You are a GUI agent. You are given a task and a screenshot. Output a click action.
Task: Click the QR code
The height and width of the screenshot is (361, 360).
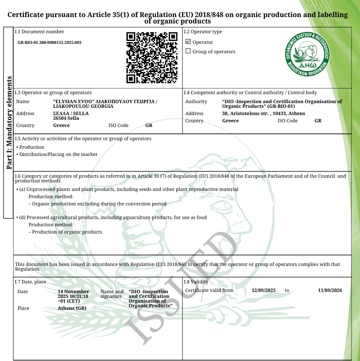(x=152, y=58)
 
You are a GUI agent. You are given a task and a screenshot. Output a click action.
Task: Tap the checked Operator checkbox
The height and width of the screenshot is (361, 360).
(x=188, y=42)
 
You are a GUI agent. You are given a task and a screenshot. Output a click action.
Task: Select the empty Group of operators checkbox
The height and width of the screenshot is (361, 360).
(x=188, y=51)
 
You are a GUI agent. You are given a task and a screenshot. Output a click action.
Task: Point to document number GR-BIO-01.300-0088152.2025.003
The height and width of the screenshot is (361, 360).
(x=49, y=43)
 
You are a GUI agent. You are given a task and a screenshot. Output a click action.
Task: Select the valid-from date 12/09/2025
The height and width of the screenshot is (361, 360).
(x=264, y=290)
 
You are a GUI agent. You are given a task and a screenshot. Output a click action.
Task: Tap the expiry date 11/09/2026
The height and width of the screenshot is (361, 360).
(x=330, y=290)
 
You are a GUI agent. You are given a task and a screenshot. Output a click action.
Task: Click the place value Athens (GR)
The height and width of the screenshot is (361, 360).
(x=72, y=308)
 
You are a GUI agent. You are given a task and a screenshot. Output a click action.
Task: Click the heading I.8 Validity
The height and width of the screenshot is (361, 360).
(x=196, y=282)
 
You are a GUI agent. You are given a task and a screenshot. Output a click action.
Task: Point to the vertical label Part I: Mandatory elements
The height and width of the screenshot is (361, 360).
(x=9, y=123)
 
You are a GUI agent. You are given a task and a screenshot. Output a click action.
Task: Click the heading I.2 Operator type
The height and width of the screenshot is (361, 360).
(x=203, y=32)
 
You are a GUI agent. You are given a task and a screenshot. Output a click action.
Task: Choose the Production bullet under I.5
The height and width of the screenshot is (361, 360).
(x=32, y=147)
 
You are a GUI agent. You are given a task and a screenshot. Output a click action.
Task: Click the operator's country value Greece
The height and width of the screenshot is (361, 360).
(x=61, y=126)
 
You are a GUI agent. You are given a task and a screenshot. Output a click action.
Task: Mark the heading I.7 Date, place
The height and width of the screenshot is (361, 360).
(x=30, y=282)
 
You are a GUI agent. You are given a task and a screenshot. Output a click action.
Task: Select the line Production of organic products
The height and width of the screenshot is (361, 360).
(x=67, y=232)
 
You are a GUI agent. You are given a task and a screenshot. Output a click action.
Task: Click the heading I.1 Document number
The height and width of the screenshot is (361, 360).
(x=40, y=32)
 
